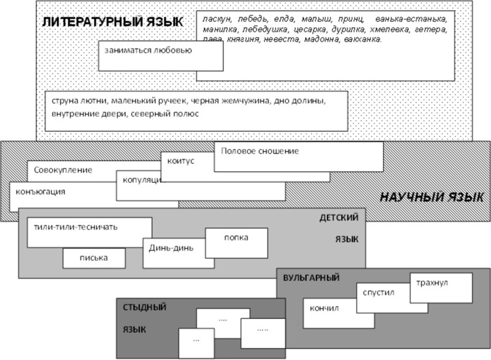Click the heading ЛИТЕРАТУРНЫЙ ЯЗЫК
tap(113, 22)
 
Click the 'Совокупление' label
tap(63, 170)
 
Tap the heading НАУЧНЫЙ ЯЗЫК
tap(431, 198)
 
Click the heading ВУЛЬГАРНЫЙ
tap(312, 278)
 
